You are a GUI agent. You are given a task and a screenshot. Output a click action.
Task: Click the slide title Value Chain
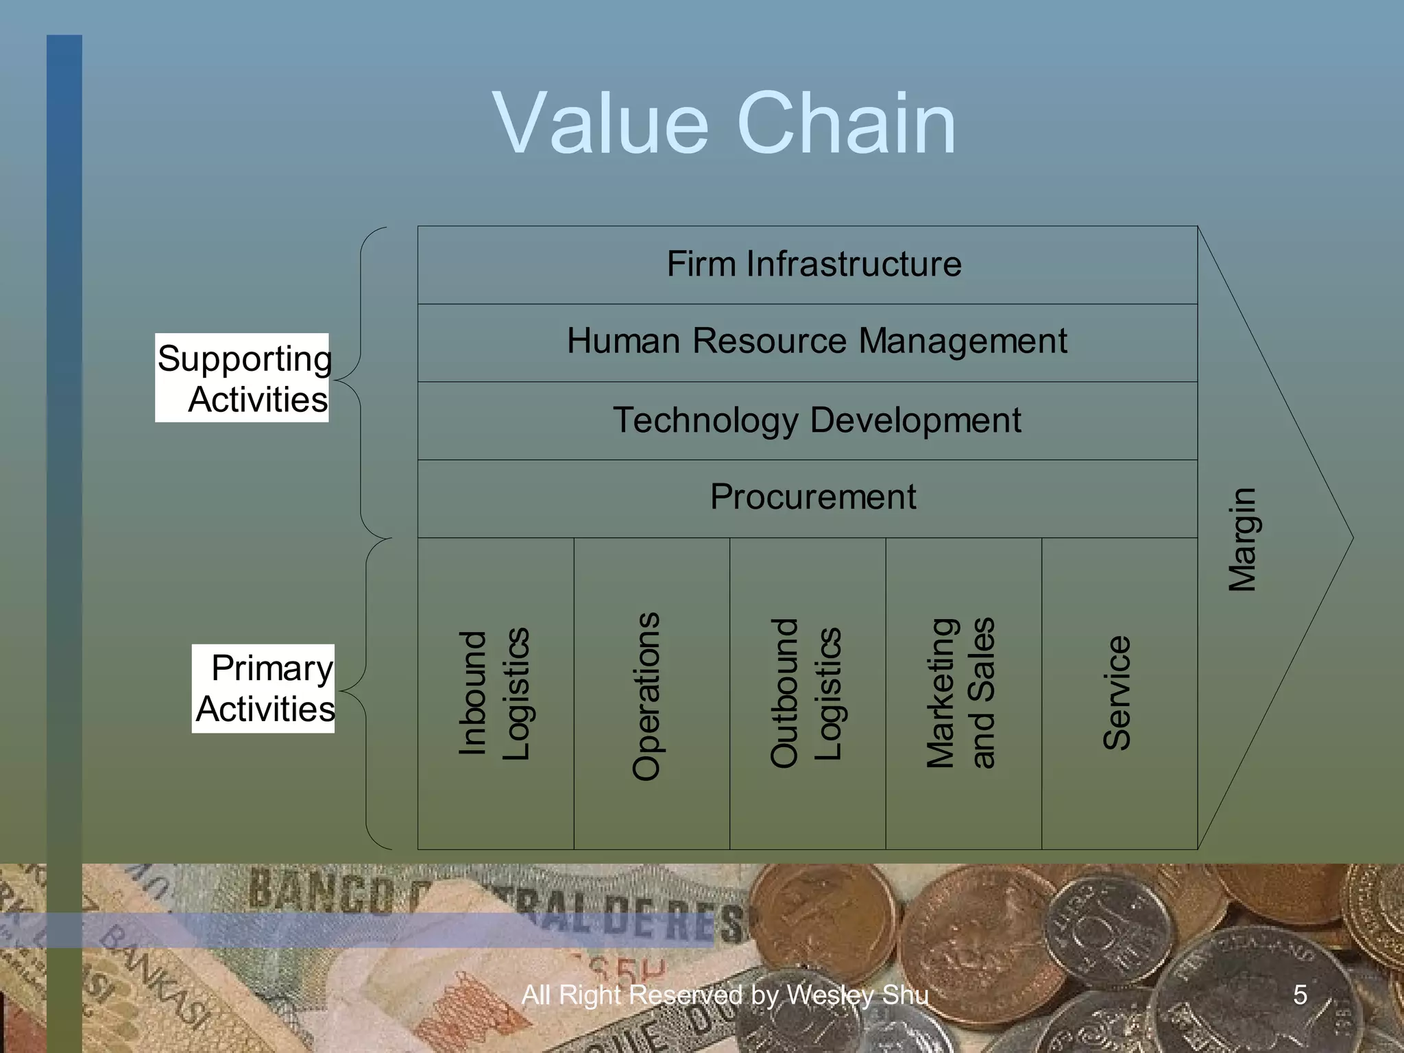click(x=724, y=125)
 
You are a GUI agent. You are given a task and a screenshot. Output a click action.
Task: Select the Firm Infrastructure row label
click(x=814, y=264)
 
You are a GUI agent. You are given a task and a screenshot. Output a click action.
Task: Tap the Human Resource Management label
click(x=816, y=341)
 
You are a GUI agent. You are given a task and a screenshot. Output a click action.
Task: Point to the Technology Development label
click(x=816, y=420)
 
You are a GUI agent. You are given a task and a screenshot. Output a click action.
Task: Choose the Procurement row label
click(x=813, y=496)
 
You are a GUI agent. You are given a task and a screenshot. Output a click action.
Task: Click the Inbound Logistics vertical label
click(x=494, y=694)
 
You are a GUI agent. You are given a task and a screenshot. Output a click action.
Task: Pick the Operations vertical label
click(x=646, y=696)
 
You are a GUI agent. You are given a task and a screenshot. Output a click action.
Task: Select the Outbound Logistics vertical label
click(x=806, y=692)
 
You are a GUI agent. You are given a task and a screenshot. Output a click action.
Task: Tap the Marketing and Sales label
click(x=960, y=692)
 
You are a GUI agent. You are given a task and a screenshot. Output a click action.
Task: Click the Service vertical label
click(x=1117, y=692)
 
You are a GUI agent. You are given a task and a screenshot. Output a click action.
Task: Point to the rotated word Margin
click(x=1242, y=539)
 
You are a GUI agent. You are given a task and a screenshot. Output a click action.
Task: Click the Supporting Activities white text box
click(x=243, y=378)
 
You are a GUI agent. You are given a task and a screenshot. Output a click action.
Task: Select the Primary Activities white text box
click(x=264, y=688)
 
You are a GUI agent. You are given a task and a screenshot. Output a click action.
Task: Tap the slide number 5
click(x=1300, y=995)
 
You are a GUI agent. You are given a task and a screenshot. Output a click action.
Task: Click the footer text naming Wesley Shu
click(x=725, y=995)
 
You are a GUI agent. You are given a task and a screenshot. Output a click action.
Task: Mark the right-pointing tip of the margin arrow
click(x=1351, y=538)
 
